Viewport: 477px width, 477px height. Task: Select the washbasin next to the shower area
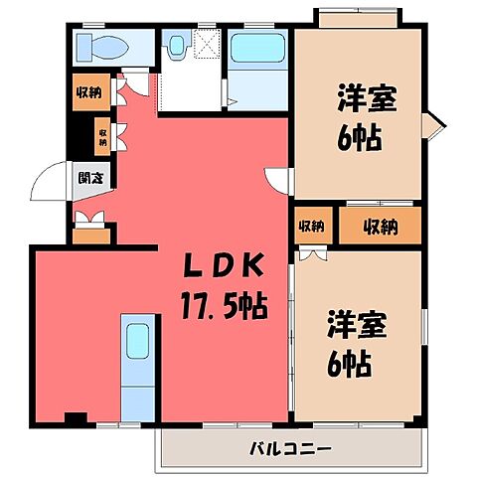point(179,46)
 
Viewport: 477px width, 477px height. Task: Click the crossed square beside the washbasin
point(207,43)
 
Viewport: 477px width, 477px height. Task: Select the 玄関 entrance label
point(87,180)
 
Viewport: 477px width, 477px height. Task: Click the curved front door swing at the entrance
point(48,182)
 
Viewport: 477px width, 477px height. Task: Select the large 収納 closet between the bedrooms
point(380,227)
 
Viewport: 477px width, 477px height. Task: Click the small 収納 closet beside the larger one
point(312,227)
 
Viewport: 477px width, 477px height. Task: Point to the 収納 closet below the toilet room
point(88,93)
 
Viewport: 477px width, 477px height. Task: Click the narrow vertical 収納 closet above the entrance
point(102,133)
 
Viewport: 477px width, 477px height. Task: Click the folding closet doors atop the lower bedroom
point(312,252)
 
